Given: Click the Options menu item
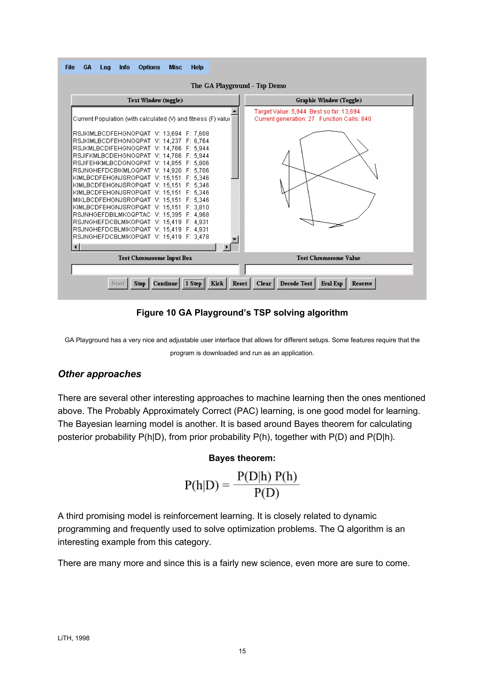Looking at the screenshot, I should click(149, 67).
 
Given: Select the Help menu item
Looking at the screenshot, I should click(197, 67).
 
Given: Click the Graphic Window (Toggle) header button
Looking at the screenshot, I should click(329, 100).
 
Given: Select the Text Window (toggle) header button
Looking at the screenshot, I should click(155, 100).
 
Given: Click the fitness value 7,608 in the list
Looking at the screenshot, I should click(201, 133).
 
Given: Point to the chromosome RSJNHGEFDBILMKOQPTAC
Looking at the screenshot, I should click(112, 215).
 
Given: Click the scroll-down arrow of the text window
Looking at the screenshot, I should click(235, 239).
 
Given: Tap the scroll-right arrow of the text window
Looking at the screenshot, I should click(227, 247).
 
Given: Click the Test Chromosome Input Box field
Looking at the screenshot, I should click(155, 269).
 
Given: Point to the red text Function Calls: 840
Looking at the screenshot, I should click(345, 119).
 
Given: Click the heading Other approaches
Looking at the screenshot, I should click(99, 374).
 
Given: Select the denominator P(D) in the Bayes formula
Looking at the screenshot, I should click(267, 493).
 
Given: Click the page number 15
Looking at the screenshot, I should click(242, 651).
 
